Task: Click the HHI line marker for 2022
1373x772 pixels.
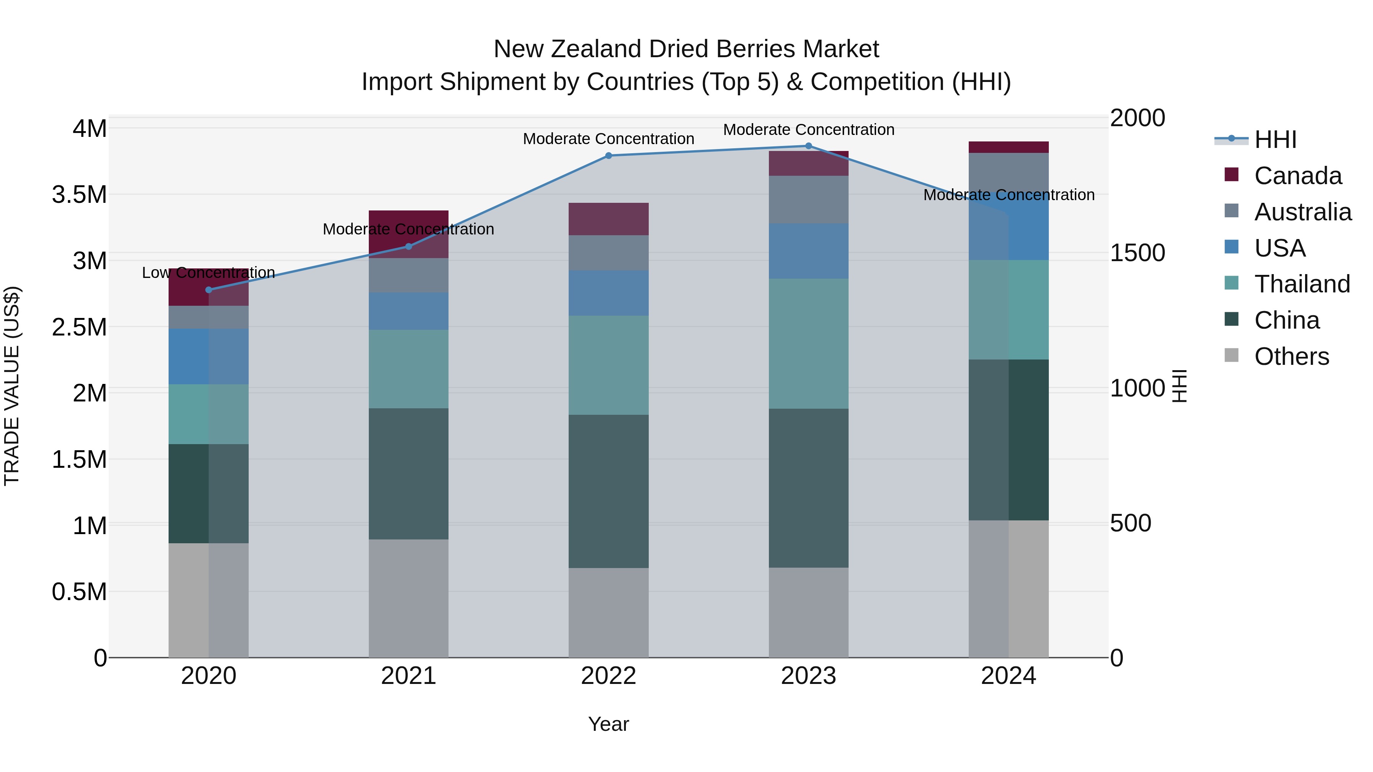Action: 608,156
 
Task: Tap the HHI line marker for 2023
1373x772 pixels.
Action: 808,146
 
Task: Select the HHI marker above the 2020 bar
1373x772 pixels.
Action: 208,290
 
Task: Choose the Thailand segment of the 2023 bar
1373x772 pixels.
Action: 808,343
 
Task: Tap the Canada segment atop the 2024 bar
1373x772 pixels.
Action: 1008,147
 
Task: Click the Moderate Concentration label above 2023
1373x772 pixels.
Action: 808,130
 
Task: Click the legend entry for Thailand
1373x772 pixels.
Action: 1302,284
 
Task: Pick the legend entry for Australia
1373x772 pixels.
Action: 1302,212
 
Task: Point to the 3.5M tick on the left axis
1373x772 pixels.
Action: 79,194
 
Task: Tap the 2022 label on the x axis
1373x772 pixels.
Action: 608,676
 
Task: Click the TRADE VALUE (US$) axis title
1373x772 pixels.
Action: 12,386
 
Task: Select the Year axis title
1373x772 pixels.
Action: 608,724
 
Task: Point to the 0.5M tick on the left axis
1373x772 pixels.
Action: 79,591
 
